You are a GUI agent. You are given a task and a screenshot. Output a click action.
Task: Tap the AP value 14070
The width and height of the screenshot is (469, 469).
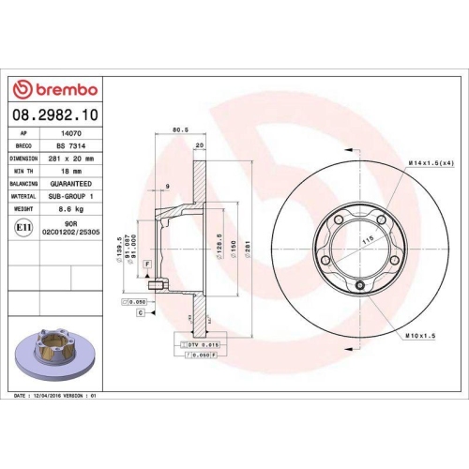pyautogui.click(x=69, y=134)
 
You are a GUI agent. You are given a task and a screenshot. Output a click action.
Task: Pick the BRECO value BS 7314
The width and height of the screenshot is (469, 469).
pyautogui.click(x=69, y=146)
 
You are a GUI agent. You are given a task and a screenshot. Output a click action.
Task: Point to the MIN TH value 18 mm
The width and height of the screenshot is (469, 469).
pyautogui.click(x=70, y=172)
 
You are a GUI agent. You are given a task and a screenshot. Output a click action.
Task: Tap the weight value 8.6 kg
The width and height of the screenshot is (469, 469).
pyautogui.click(x=70, y=210)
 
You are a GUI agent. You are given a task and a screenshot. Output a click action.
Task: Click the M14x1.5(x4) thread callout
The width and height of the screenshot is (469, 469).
pyautogui.click(x=431, y=164)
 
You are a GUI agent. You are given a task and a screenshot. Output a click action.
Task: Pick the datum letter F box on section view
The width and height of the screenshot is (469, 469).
pyautogui.click(x=147, y=266)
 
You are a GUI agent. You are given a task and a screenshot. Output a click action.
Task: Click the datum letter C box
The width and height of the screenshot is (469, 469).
pyautogui.click(x=140, y=311)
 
